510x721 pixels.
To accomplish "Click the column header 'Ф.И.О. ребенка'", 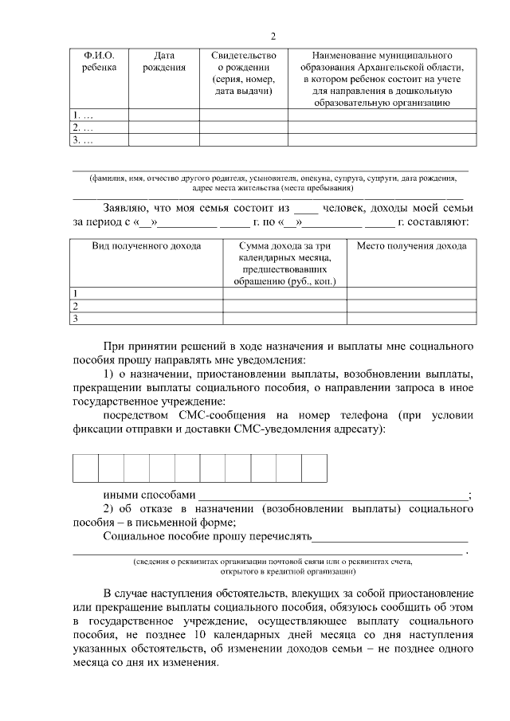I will pos(99,61).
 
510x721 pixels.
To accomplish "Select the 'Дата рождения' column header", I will pos(164,61).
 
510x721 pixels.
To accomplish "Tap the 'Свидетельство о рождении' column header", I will pos(244,73).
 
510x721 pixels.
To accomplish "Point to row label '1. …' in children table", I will pos(83,115).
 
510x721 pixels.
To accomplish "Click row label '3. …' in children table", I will pos(83,140).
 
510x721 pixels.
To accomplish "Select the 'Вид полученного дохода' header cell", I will pos(147,246).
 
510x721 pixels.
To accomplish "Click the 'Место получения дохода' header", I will pos(411,246).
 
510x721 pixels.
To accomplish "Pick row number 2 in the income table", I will pos(76,306).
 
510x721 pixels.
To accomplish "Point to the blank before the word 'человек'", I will pos(305,209).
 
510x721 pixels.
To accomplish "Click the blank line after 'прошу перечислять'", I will pos(390,536).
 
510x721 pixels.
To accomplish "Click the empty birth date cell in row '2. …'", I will pos(164,127).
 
